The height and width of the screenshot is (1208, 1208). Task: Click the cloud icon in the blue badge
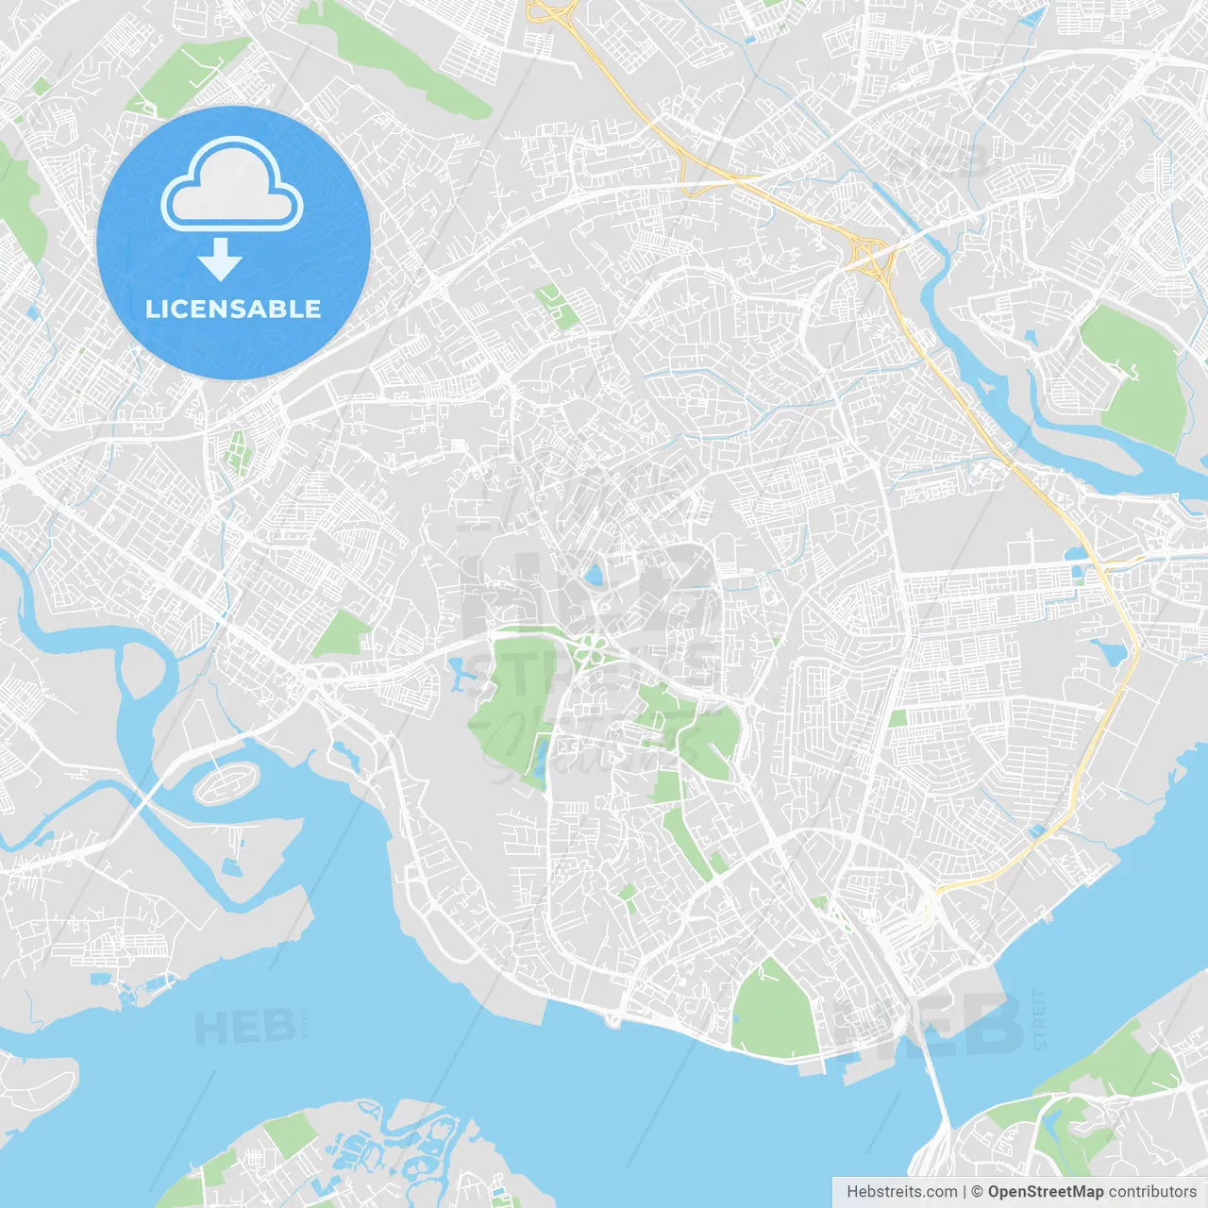232,185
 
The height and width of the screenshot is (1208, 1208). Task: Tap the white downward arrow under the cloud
220,260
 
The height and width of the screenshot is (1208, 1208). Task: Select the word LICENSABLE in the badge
233,309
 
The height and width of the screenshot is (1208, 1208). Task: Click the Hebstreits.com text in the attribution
901,1192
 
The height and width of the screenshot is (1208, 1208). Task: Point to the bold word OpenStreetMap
1045,1192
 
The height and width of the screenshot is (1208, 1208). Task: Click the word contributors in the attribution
1151,1192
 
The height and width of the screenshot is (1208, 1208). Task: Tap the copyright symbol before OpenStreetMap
977,1192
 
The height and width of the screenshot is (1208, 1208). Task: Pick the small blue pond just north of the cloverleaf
594,574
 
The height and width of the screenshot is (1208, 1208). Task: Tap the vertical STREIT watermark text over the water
1039,1019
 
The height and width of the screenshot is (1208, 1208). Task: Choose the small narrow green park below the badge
234,450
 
